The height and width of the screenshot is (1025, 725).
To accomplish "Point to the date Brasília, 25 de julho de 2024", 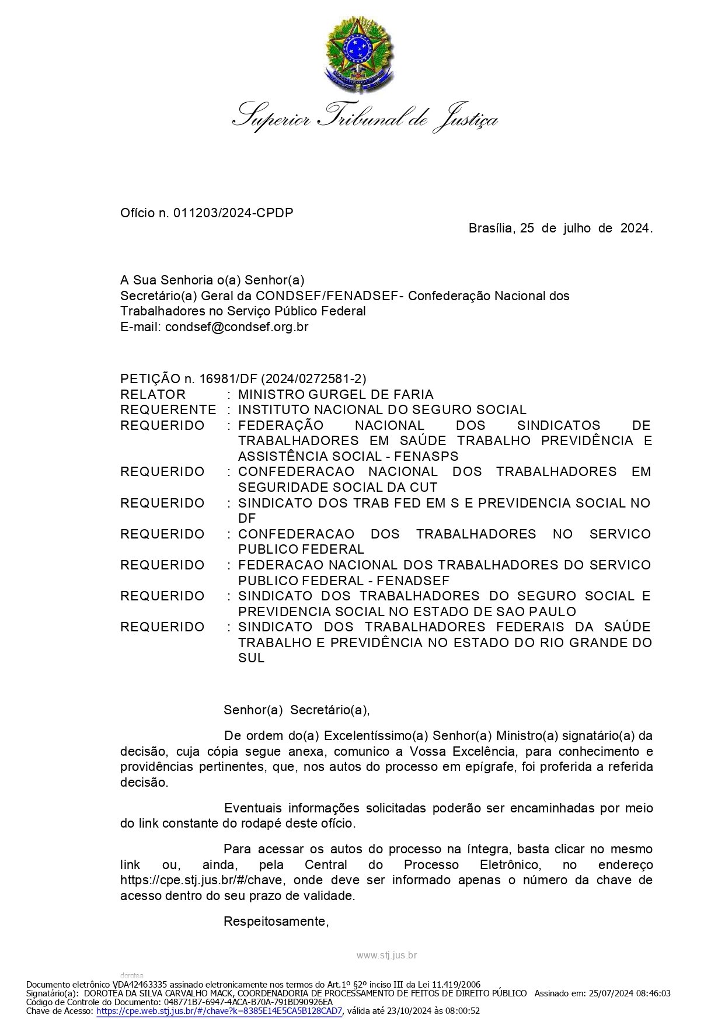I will pos(560,228).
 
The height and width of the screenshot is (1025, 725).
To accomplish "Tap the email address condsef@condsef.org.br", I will pos(236,326).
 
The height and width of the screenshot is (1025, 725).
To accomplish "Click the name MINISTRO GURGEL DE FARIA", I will pos(336,394).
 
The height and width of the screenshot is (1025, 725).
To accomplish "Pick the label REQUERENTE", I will pos(168,410).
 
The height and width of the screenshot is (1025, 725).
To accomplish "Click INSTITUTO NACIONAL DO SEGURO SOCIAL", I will pos(382,410).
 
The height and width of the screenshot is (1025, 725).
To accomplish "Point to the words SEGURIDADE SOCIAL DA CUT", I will pos(337,487).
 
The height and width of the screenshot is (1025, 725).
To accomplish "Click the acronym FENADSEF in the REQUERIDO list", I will pos(413,581).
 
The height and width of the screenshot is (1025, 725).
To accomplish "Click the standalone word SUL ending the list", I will pos(251,658).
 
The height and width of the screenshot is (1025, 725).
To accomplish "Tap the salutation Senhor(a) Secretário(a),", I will pos(297,710).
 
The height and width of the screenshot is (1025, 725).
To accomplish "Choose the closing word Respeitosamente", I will pos(276,921).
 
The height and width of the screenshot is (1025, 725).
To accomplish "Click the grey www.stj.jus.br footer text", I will pos(386,955).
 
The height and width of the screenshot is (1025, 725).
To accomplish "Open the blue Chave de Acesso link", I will pos(219,1011).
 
